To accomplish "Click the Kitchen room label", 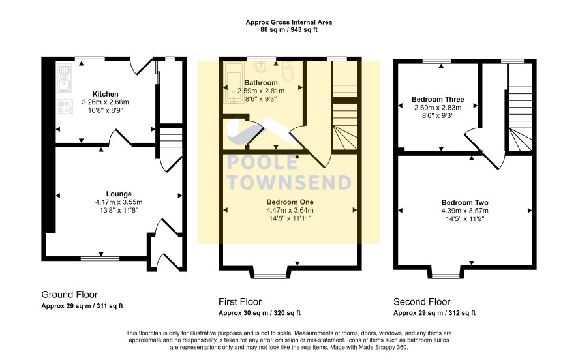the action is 106,94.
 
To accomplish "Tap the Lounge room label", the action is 119,194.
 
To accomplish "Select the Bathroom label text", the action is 261,83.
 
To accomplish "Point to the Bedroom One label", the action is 290,202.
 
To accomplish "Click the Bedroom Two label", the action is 465,202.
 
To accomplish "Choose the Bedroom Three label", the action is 438,99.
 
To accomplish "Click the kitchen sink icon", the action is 65,78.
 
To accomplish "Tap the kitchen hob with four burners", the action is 65,107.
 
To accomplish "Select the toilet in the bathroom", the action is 288,71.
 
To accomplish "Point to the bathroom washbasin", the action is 262,67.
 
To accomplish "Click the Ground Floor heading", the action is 69,295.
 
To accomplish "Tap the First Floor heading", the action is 240,302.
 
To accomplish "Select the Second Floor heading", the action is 421,302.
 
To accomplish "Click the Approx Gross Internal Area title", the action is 289,22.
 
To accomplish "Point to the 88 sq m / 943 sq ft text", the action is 289,30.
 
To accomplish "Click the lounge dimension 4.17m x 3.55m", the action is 119,202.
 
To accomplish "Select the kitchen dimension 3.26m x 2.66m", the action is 106,102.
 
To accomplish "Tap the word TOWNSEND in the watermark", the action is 290,183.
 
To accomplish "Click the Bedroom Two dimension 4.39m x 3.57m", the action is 465,211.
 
